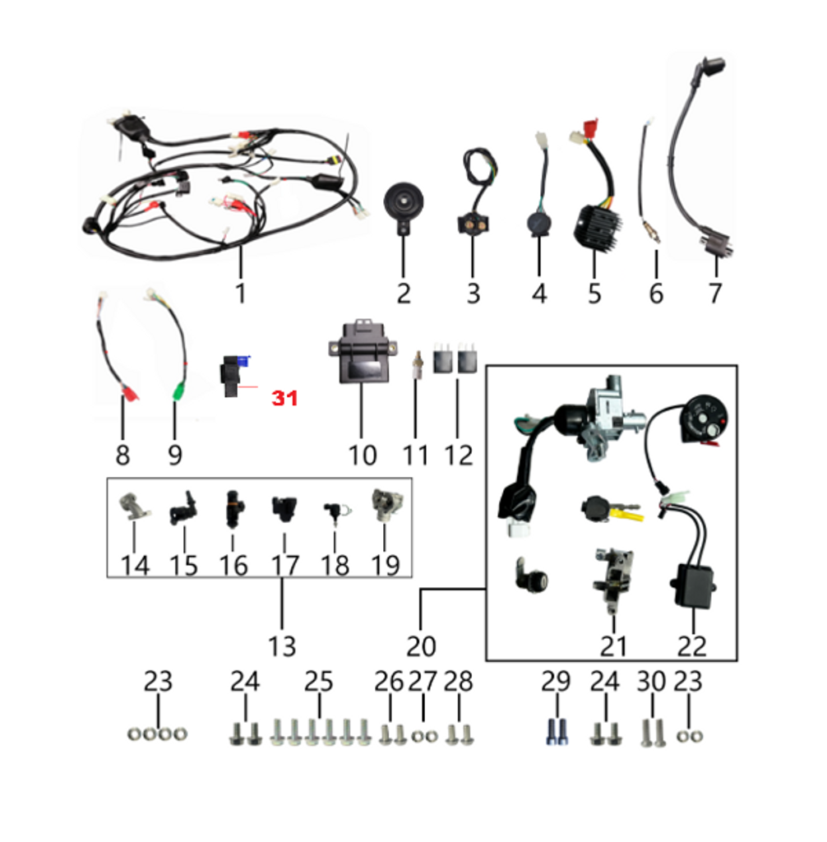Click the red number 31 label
284,399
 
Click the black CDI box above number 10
362,362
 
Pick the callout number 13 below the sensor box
281,645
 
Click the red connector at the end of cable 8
128,395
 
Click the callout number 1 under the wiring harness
240,292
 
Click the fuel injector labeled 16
233,510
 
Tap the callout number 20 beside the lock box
420,645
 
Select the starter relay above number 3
472,224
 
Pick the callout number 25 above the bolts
319,682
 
